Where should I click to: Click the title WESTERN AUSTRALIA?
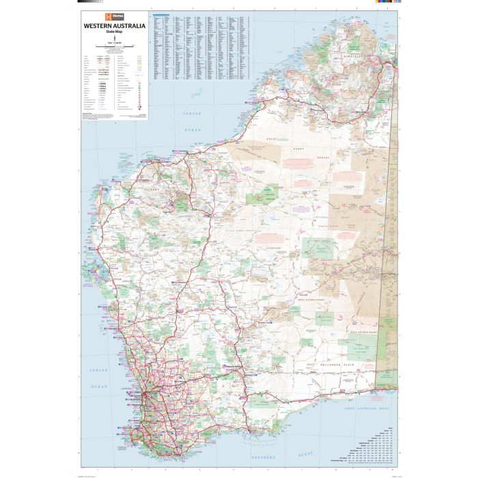[114, 25]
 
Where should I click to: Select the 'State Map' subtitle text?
[114, 31]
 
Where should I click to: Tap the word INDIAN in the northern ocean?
[189, 112]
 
